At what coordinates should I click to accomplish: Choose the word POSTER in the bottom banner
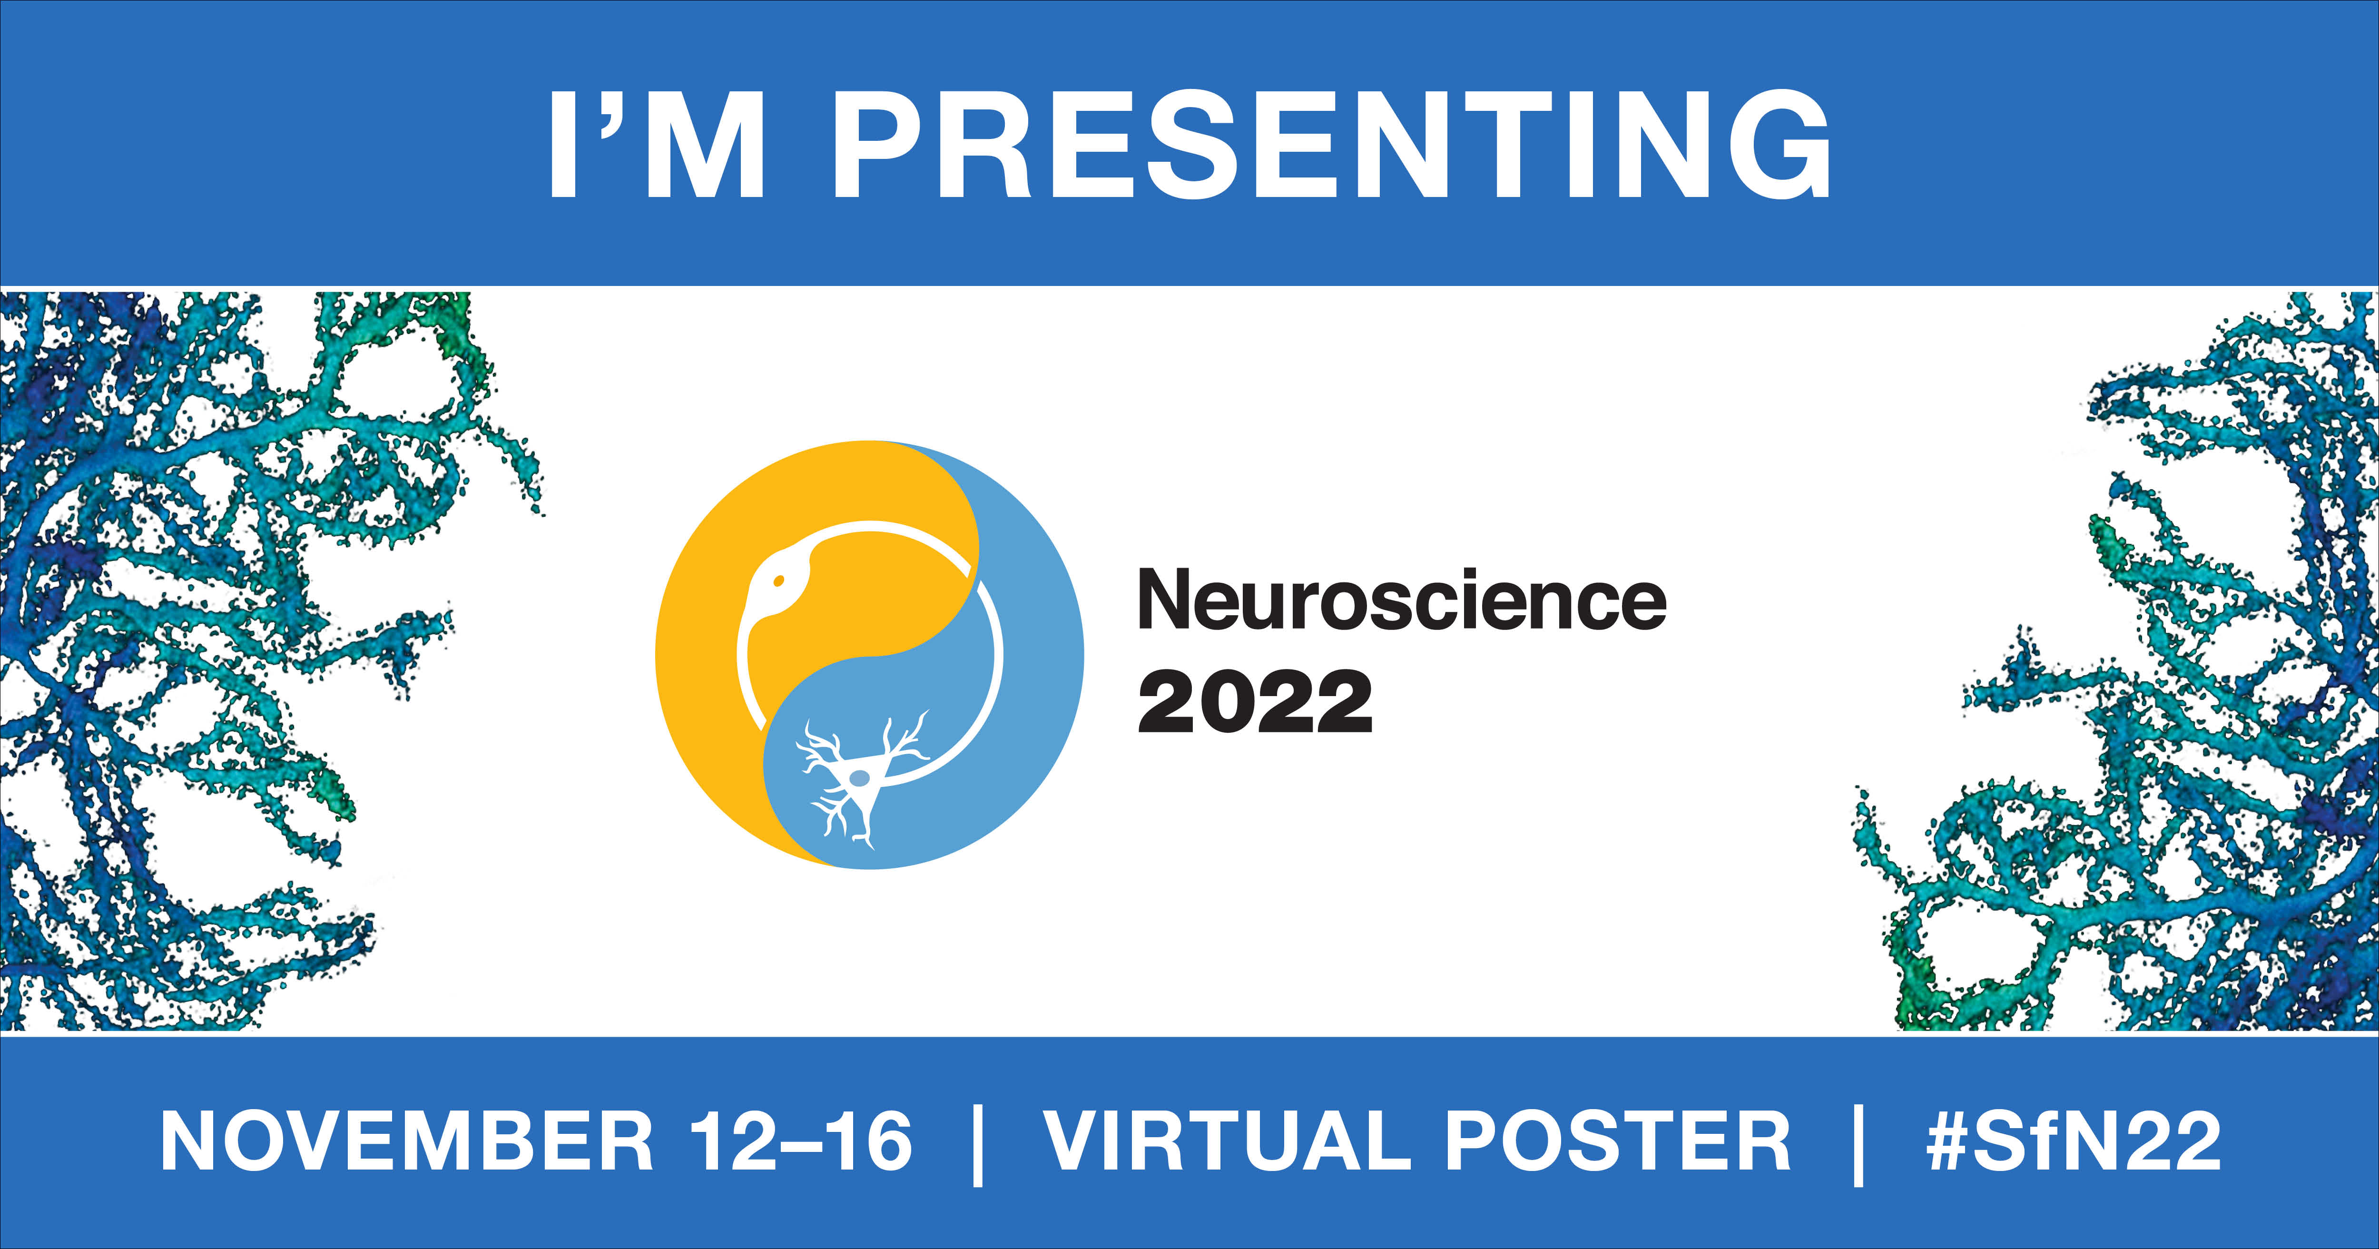pos(1617,1142)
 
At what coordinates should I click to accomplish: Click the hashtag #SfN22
pos(2074,1142)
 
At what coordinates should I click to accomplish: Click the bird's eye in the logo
pos(778,580)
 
